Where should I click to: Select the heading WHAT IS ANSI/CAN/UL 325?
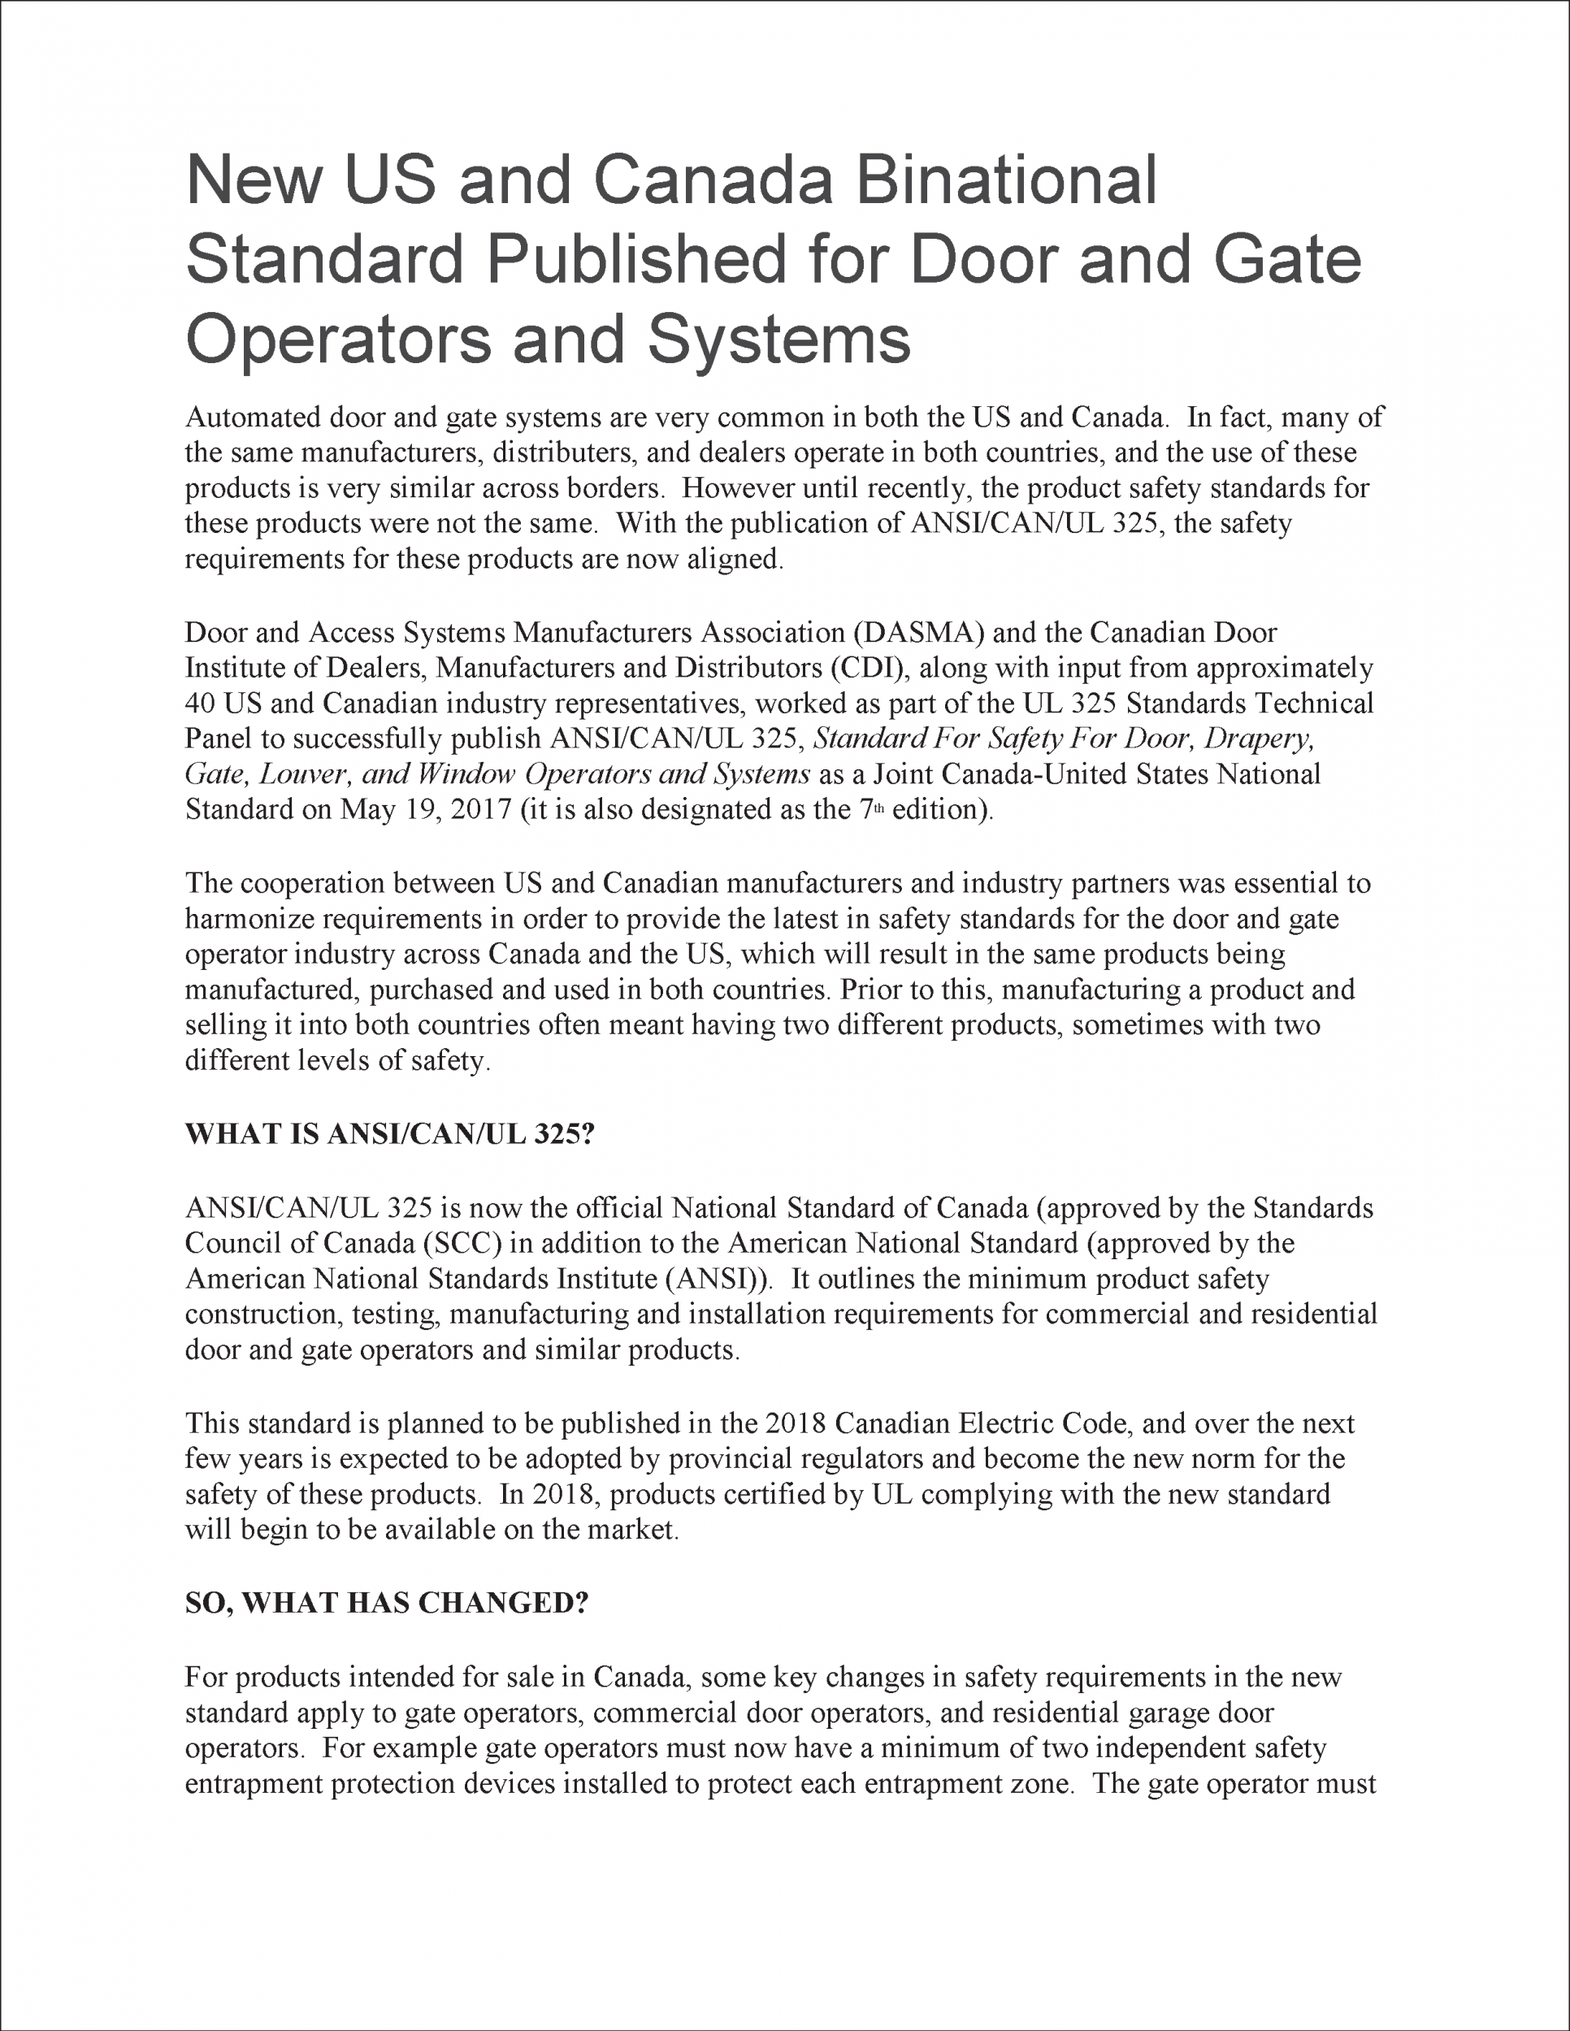point(388,1135)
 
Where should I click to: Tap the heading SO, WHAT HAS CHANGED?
point(387,1603)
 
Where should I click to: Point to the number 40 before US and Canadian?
point(200,703)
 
